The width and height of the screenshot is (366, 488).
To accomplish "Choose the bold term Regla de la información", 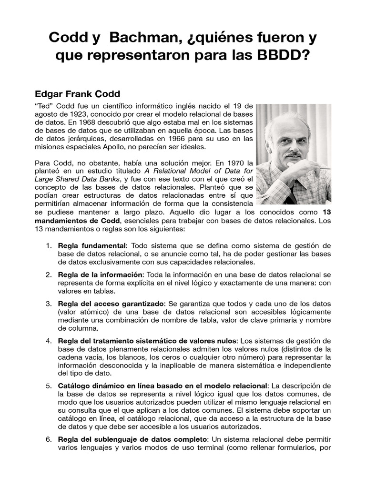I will coord(100,275).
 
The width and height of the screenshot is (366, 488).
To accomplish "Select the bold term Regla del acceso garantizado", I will coord(111,304).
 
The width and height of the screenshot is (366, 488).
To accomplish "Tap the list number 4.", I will coord(49,341).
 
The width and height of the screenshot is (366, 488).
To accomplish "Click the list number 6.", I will coord(49,439).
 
